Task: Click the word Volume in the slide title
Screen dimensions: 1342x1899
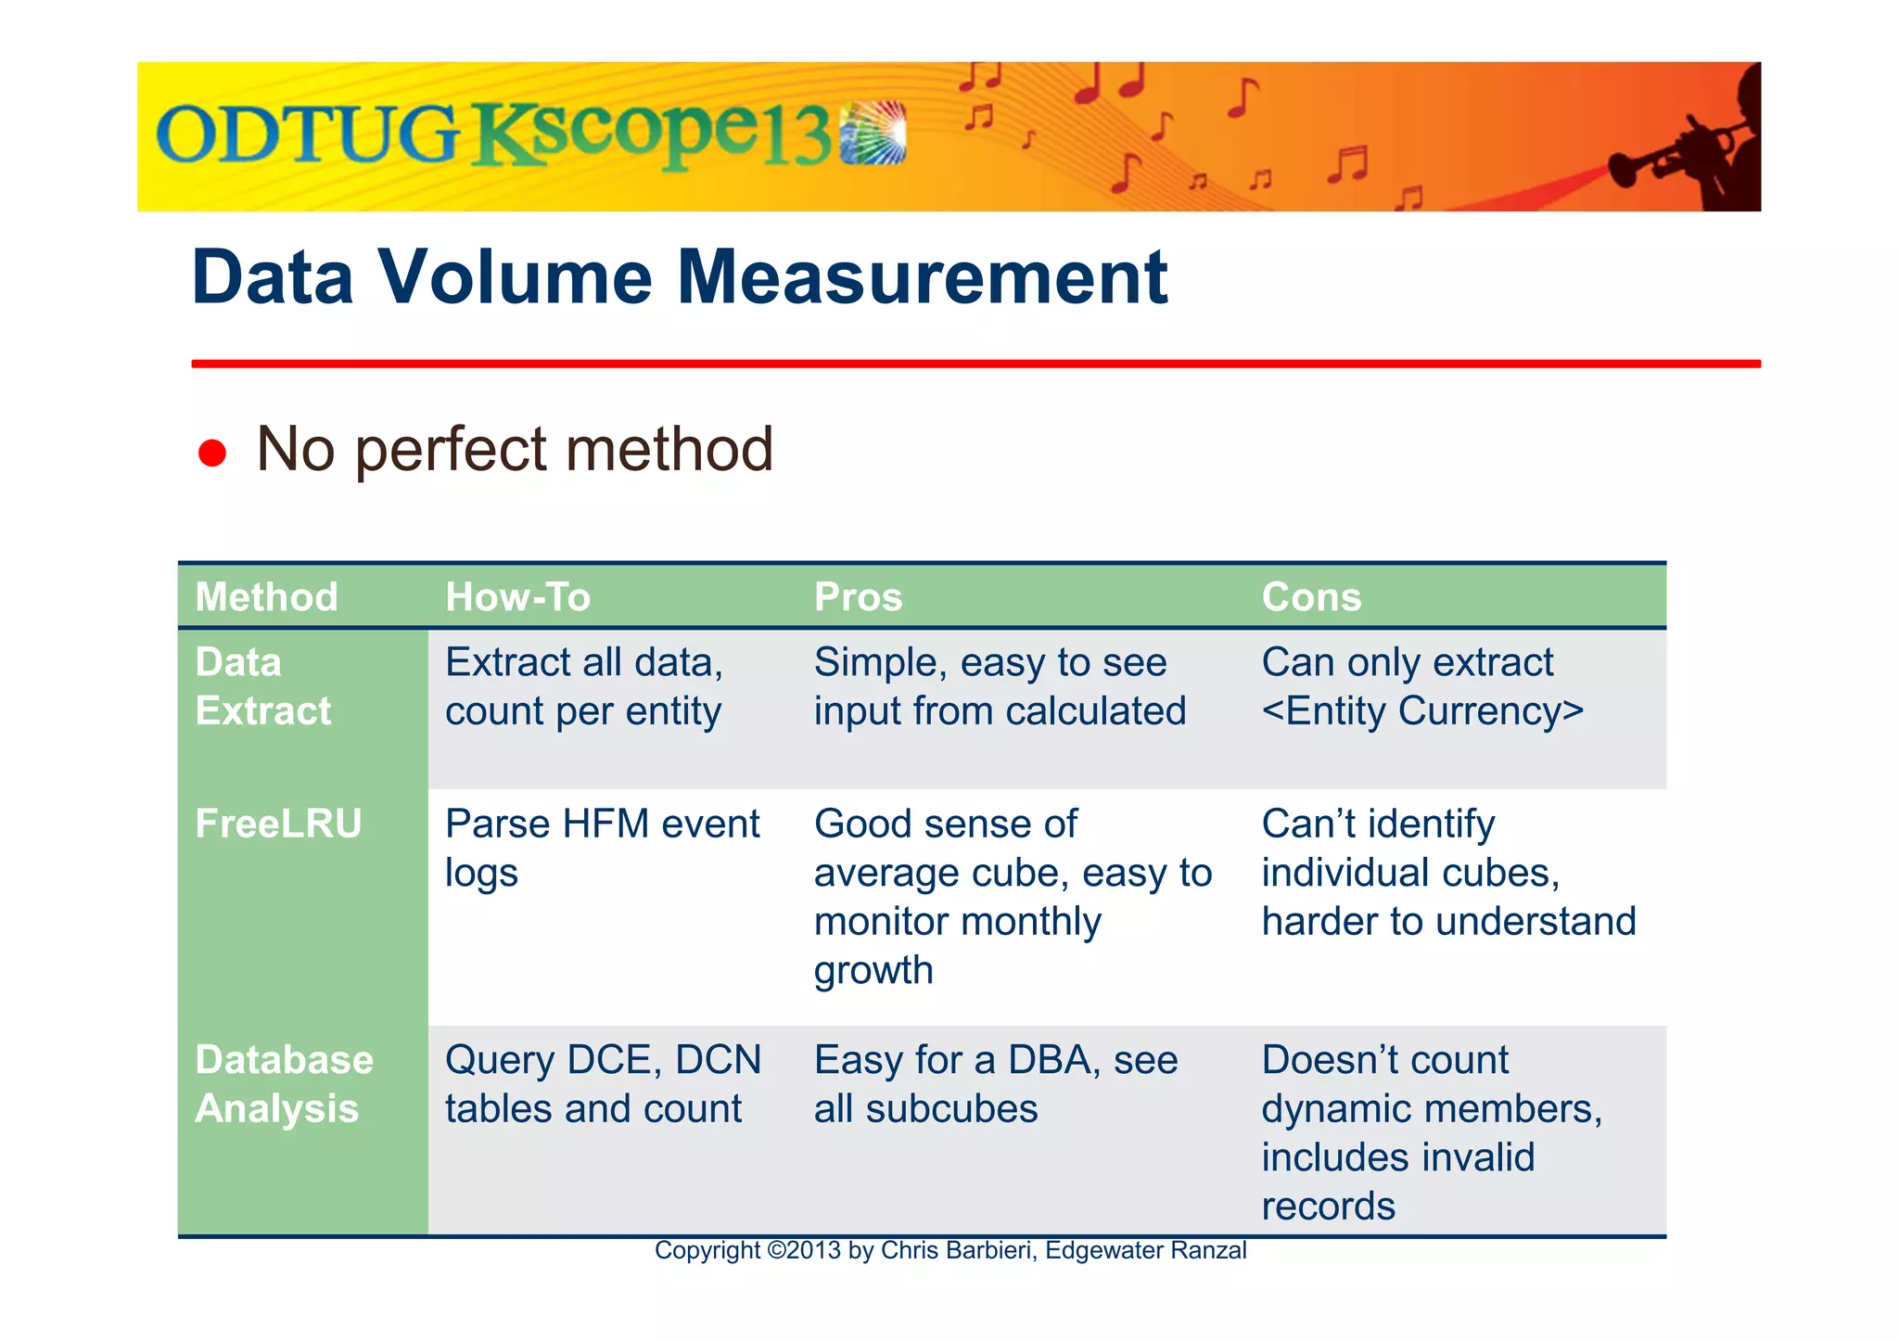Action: tap(516, 277)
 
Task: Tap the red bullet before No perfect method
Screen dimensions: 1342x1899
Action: tap(212, 453)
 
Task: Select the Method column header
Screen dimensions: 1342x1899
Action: tap(266, 597)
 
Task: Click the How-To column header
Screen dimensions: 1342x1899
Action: tap(517, 597)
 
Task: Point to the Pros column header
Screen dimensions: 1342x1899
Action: tap(858, 597)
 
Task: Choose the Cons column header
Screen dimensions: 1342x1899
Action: tap(1311, 597)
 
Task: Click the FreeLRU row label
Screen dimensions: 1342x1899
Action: tap(278, 824)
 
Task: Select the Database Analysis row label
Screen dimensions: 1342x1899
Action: tap(284, 1084)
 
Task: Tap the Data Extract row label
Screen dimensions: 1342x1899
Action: tap(262, 686)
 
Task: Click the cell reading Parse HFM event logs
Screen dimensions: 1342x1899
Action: tap(602, 848)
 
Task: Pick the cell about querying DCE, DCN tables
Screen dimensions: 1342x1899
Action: tap(603, 1084)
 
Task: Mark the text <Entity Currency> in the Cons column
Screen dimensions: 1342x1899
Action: tap(1422, 711)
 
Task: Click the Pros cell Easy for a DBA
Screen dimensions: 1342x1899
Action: tap(995, 1084)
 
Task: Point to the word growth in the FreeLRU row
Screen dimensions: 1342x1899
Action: tap(873, 970)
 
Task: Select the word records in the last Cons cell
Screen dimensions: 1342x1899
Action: tap(1328, 1206)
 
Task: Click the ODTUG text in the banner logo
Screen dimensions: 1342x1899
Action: tap(306, 135)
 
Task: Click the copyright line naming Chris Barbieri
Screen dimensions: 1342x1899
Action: tap(949, 1250)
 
